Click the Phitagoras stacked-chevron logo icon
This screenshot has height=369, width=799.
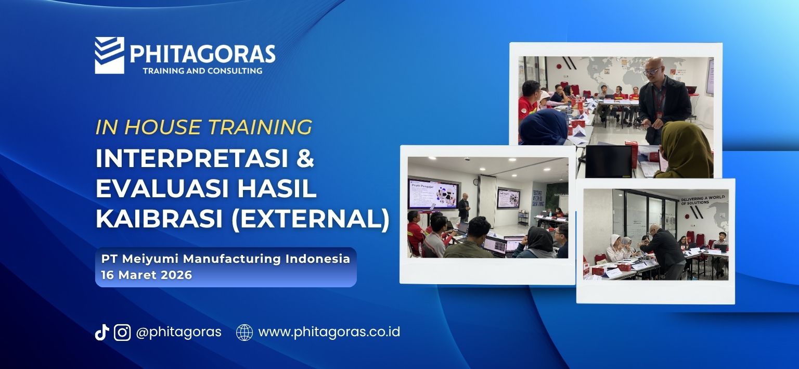(109, 55)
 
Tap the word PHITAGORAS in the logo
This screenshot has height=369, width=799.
(202, 54)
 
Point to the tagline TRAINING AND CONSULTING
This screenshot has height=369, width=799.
(202, 71)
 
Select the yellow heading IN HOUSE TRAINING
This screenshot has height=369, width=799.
(203, 128)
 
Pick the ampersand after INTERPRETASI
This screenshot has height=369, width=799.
(305, 159)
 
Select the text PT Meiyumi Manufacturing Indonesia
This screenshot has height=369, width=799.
(226, 259)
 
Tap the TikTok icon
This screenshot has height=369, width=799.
(101, 333)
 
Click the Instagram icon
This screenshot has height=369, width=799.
(122, 333)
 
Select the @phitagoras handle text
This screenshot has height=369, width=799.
(178, 332)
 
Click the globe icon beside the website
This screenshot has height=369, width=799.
(244, 333)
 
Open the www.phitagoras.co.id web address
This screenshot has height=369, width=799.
(329, 332)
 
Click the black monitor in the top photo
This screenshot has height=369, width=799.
(608, 161)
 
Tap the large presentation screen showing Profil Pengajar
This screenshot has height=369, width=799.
(432, 194)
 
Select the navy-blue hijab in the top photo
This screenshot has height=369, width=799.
(544, 128)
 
